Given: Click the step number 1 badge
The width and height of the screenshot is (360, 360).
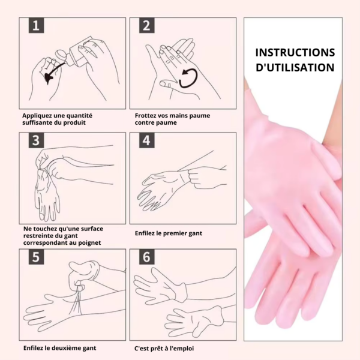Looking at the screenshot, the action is click(36, 25).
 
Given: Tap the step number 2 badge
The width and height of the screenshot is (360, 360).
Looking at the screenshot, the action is click(147, 25).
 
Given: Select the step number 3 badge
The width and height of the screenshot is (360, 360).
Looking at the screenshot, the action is click(36, 140).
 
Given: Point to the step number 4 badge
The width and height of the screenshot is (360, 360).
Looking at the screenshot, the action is click(147, 140).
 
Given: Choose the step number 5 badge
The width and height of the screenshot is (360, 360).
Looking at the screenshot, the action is click(36, 257).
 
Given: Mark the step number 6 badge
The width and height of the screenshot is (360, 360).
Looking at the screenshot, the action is click(147, 257).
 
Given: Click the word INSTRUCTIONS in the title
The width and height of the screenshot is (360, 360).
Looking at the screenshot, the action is click(295, 53).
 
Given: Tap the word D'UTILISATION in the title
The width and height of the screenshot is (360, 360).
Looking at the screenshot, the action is click(295, 67).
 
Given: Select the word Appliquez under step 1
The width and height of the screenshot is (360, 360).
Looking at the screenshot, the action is click(37, 116).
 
